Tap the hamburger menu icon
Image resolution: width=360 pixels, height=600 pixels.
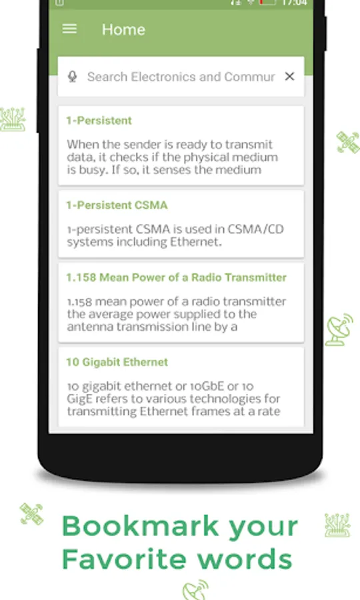[69, 29]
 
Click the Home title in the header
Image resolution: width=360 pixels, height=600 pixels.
[123, 29]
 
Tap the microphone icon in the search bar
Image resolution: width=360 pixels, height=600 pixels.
[72, 77]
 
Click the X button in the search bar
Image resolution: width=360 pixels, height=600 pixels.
[289, 77]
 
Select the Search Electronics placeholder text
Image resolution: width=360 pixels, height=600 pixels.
[181, 77]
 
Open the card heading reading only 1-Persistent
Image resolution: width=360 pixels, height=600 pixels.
[99, 121]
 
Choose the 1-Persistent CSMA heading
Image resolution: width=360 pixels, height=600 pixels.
[117, 205]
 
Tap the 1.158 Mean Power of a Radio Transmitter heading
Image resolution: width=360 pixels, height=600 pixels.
[177, 277]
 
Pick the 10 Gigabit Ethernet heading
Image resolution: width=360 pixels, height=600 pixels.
[117, 362]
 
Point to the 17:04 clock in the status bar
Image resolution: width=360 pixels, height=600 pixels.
[294, 3]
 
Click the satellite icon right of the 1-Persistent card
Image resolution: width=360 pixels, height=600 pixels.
[348, 142]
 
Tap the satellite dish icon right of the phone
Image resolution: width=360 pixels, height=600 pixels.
[339, 329]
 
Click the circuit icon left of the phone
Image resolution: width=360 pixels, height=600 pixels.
[13, 119]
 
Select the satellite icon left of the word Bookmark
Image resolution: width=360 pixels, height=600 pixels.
[31, 513]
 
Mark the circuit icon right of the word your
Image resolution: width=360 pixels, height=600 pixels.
[337, 525]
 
